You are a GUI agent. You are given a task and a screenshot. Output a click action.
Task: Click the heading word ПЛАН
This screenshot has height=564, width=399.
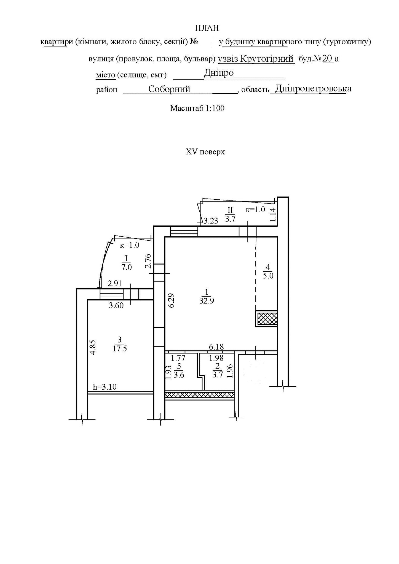coord(207,28)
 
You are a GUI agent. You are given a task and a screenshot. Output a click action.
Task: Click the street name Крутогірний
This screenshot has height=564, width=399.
coord(267,59)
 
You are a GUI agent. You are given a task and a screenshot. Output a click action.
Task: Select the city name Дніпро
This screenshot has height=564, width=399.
coord(219,73)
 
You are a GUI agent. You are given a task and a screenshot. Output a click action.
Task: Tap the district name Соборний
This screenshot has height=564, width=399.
coord(169,89)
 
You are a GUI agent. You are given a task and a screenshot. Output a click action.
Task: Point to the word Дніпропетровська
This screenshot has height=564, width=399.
coord(313,89)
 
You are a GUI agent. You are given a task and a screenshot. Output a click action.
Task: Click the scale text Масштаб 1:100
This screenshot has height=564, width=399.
coord(197,108)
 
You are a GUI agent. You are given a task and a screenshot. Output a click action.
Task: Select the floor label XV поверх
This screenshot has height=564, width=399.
coord(205,152)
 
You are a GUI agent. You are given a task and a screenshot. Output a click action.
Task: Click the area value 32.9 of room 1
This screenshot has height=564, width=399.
coord(207,300)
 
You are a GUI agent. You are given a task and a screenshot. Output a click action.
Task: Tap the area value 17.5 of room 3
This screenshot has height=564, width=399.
coord(120,349)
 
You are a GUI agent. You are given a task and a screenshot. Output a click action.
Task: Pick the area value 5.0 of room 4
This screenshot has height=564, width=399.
coord(268,276)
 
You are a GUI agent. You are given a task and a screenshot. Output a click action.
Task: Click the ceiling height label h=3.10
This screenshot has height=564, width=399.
coord(105,387)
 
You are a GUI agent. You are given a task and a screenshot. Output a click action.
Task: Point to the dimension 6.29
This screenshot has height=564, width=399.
coord(171,301)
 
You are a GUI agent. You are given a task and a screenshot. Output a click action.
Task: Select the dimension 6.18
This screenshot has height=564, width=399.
coord(216,347)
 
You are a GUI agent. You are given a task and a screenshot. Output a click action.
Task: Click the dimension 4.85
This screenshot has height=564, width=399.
coord(93,347)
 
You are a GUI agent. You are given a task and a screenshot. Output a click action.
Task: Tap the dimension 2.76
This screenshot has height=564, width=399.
coord(148,261)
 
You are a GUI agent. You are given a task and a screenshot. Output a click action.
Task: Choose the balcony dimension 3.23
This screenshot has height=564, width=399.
coord(211,221)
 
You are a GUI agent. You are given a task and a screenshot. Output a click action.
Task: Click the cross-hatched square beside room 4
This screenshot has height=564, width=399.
coord(266,319)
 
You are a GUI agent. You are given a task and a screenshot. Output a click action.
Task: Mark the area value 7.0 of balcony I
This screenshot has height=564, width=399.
coord(126,267)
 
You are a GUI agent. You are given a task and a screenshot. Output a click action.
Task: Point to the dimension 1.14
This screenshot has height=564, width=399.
coord(272,215)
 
